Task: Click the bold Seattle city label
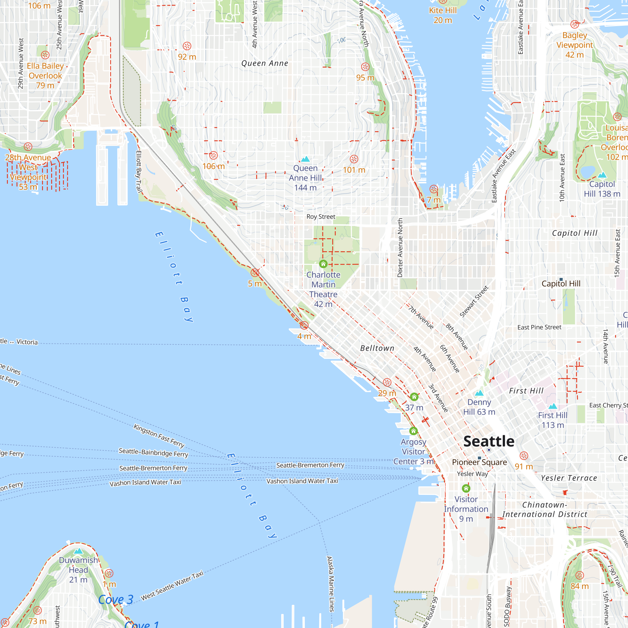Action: coord(489,441)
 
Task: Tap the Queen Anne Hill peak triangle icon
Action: coord(305,159)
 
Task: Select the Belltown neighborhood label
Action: coord(377,348)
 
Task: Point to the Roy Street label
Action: coord(321,216)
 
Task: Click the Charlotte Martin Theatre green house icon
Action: coord(323,264)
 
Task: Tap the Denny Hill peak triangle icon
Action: coord(479,393)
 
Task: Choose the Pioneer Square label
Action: coord(479,462)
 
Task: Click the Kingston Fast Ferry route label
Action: coord(159,436)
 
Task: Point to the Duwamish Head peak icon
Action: coord(78,551)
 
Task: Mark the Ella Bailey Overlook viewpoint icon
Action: coord(45,55)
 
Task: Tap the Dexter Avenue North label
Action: coord(400,248)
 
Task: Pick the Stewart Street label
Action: coord(474,301)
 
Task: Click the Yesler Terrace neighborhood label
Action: coord(569,478)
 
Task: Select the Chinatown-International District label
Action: coord(545,509)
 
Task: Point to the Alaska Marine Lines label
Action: coord(330,584)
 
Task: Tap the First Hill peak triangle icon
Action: coord(553,406)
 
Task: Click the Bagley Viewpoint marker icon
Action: coord(574,24)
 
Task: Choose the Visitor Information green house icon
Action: coord(466,488)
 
